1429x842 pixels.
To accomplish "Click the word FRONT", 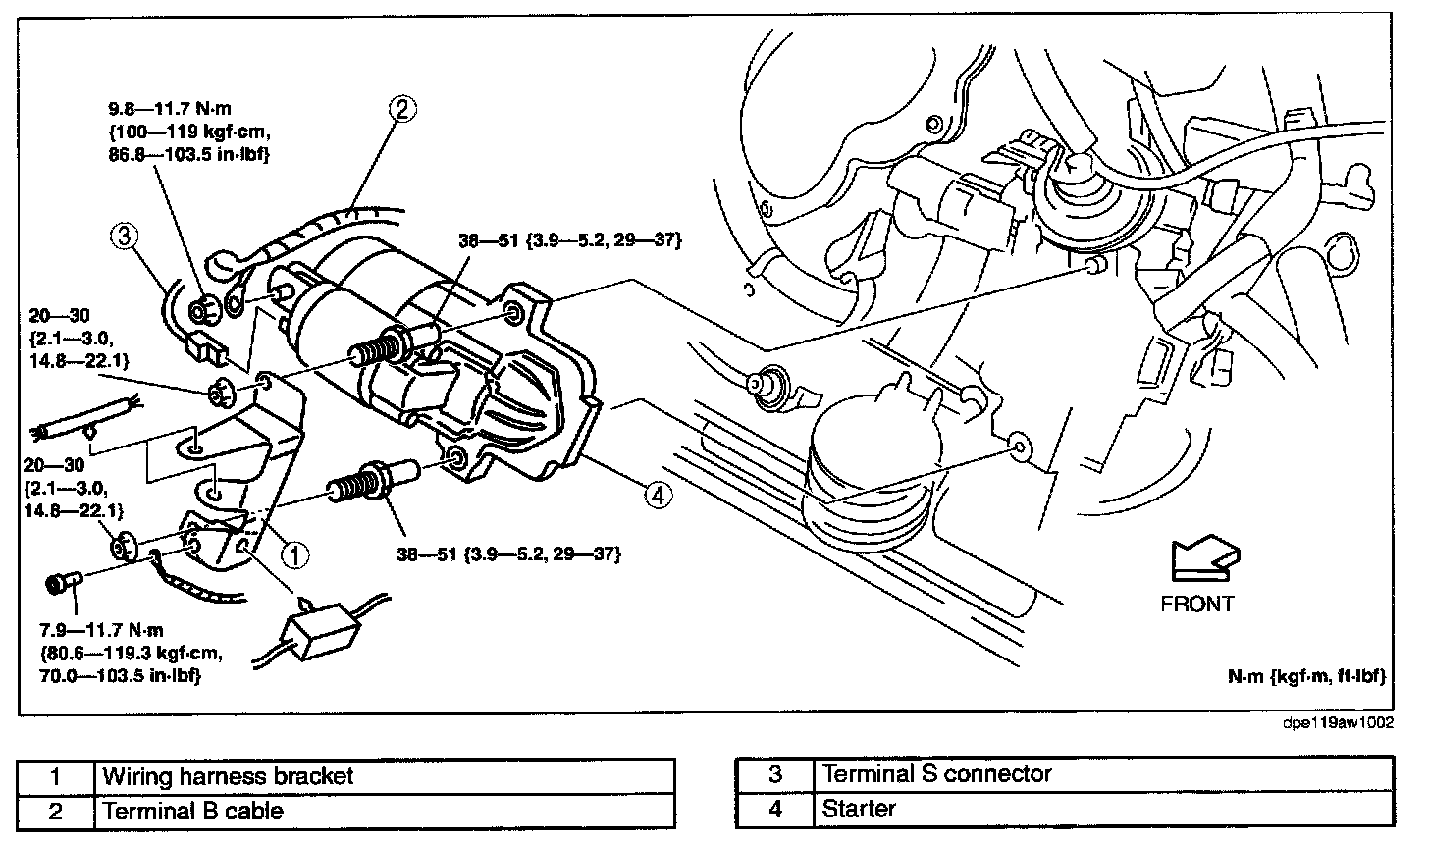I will point(1196,603).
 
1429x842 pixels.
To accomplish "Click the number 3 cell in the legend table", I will point(774,774).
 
